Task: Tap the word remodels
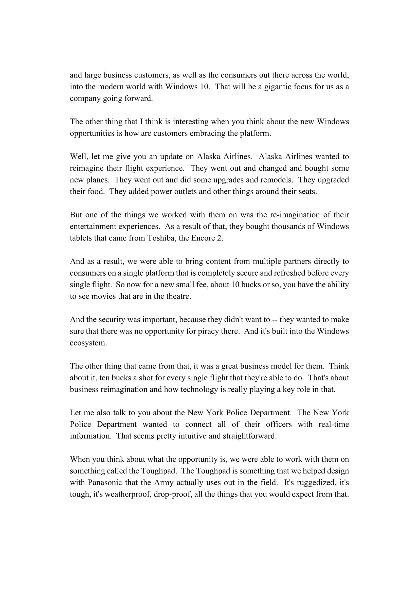pos(277,180)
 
